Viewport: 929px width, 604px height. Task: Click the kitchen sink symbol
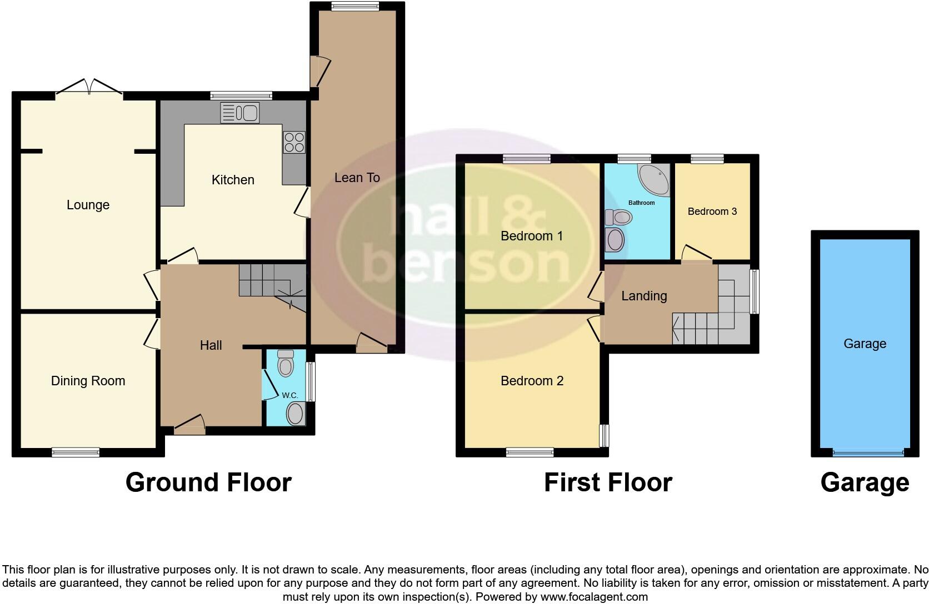point(240,113)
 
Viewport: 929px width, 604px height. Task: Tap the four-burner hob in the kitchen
point(294,142)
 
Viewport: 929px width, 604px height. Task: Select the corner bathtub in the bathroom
point(655,179)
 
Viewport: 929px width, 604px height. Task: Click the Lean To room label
point(357,178)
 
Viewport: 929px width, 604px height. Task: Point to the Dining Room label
point(88,381)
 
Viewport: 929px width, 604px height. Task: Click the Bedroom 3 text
point(712,212)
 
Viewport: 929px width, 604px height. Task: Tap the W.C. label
point(290,395)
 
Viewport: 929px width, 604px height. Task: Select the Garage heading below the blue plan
point(865,482)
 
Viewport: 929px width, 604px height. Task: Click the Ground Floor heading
point(208,482)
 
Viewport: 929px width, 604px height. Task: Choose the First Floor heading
point(608,482)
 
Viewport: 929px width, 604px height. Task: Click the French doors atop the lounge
point(89,89)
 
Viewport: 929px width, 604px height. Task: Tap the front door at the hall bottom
point(189,428)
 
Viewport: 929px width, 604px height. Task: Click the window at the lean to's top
point(356,6)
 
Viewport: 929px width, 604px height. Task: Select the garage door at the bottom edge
point(868,453)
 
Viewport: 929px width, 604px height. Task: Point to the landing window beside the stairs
point(755,292)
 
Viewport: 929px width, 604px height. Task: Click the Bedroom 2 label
point(532,381)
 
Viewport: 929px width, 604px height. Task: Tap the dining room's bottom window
point(76,452)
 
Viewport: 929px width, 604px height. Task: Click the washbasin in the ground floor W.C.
point(295,414)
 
